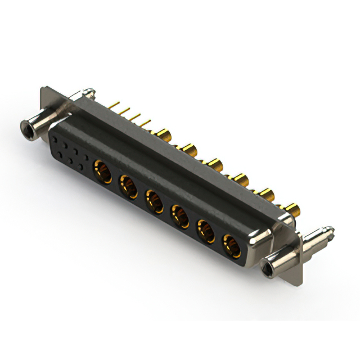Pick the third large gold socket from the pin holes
click(x=154, y=200)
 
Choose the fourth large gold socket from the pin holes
click(x=180, y=215)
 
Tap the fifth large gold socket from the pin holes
click(x=205, y=231)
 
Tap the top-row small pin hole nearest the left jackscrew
click(x=55, y=137)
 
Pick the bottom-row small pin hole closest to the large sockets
click(x=82, y=168)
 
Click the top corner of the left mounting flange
click(x=44, y=89)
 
